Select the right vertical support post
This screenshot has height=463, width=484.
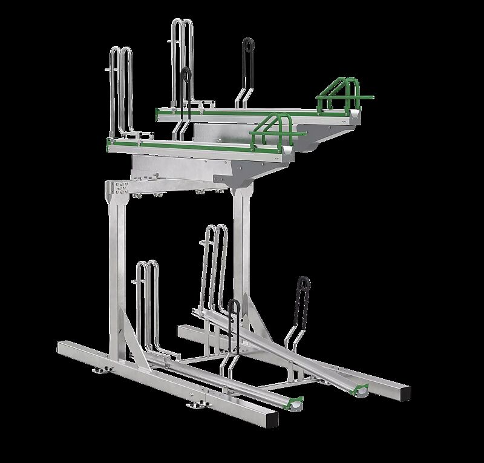click(x=243, y=254)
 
